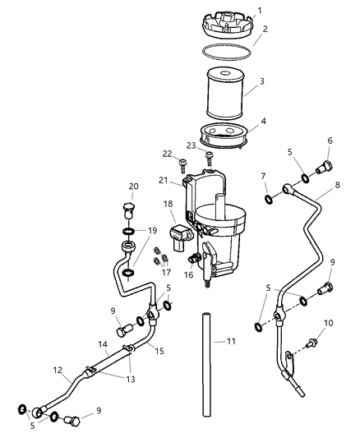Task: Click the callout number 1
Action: tap(260, 11)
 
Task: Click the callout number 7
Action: tap(264, 176)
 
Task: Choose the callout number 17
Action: tap(167, 272)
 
